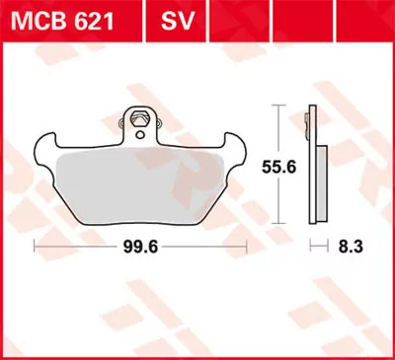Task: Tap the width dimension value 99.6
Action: tap(133, 244)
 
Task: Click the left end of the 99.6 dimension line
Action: tap(36, 244)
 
